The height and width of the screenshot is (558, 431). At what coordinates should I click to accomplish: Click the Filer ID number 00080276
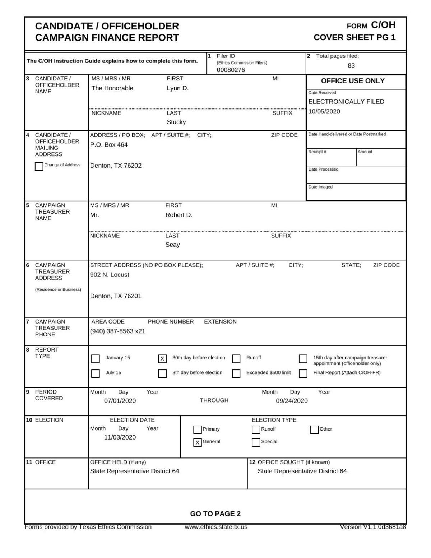coord(231,70)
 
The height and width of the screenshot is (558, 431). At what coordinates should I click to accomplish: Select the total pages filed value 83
coord(351,65)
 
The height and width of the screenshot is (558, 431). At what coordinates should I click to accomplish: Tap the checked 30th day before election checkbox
coord(162,359)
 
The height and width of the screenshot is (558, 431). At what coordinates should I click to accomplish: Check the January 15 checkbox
coord(96,359)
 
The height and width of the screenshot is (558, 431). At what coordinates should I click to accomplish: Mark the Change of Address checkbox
coord(39,167)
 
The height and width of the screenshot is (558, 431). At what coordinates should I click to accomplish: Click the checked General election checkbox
coord(198,443)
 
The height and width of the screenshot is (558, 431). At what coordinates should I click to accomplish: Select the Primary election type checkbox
coord(198,429)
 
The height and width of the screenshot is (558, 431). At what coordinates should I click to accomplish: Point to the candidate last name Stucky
coord(176,122)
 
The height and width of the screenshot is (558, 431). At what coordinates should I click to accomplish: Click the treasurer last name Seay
coord(172,245)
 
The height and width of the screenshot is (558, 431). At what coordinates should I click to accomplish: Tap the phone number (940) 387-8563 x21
coord(117,331)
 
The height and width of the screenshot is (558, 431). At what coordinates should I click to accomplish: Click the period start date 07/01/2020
coord(120,401)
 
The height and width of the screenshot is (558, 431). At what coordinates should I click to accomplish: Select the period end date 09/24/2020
coord(292,401)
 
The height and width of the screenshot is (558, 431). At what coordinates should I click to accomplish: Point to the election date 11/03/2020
coord(120,437)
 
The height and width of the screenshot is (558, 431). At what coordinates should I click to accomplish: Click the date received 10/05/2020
coord(324,111)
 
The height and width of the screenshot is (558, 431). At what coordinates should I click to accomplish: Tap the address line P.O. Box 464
coord(109,145)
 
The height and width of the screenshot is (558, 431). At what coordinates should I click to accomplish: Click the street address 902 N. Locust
coord(110,275)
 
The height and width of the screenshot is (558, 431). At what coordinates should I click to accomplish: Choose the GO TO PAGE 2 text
coord(215,514)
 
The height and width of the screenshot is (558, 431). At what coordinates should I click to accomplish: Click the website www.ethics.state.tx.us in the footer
coord(216,527)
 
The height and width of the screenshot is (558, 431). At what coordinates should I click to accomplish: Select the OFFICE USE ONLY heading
coord(353,81)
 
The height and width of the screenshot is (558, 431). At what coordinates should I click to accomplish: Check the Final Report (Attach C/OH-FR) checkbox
coord(303,373)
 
